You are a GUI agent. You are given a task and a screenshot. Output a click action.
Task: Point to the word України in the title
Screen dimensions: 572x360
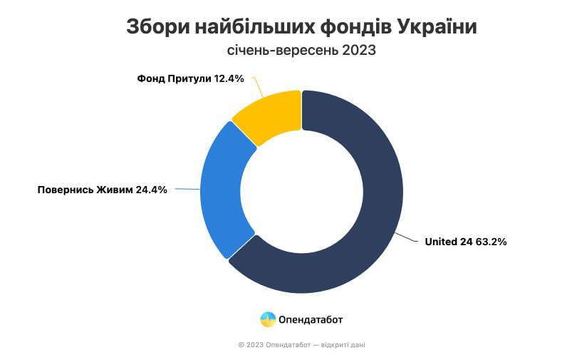click(437, 26)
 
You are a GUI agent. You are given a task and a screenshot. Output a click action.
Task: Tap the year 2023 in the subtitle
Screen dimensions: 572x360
click(358, 50)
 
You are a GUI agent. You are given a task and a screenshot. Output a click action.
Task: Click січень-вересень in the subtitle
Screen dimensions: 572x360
click(282, 51)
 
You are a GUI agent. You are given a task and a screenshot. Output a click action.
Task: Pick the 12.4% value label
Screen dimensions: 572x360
click(229, 78)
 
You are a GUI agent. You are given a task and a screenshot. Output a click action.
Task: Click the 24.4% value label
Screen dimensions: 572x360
click(152, 190)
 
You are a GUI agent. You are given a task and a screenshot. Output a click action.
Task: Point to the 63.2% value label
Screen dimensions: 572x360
click(491, 242)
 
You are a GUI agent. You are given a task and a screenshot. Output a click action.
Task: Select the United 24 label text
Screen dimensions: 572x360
click(449, 242)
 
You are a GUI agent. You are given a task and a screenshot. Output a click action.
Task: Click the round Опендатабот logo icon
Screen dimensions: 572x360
click(268, 319)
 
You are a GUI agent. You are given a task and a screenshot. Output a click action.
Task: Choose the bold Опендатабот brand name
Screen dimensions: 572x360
click(311, 320)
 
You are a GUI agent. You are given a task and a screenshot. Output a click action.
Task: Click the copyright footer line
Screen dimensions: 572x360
click(302, 344)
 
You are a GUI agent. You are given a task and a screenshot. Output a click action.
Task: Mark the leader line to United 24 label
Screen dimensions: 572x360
click(406, 237)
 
